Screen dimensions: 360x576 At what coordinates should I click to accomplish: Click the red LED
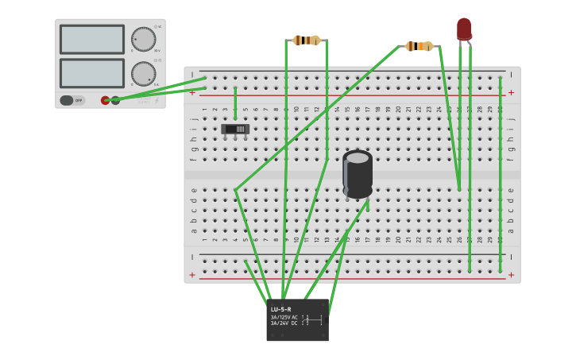[464, 29]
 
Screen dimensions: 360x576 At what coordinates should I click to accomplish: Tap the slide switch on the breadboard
[235, 129]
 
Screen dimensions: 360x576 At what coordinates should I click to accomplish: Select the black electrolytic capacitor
[358, 173]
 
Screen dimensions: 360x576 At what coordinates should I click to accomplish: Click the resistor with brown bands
[307, 41]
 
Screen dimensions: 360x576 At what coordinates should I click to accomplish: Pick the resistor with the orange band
[419, 46]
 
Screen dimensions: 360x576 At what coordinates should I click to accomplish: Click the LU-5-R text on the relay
[280, 309]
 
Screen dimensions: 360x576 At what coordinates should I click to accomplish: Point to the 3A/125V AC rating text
[284, 317]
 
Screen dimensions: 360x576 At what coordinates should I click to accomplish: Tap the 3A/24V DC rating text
[284, 323]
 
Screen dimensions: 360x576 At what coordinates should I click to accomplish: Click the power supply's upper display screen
[92, 39]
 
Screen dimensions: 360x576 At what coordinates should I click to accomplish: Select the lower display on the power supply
[92, 73]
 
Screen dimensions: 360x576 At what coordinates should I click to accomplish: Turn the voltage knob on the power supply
[143, 39]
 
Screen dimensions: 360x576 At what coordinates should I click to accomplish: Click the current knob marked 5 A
[143, 74]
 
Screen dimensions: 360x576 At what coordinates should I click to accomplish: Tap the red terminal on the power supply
[105, 100]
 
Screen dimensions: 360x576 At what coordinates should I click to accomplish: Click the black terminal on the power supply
[115, 100]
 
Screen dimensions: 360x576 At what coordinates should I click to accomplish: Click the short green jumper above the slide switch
[235, 103]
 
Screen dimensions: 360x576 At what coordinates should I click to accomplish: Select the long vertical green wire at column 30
[500, 175]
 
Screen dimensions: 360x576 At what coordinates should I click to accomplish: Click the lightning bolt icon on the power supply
[157, 100]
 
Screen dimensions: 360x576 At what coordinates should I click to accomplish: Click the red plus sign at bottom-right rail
[511, 275]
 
